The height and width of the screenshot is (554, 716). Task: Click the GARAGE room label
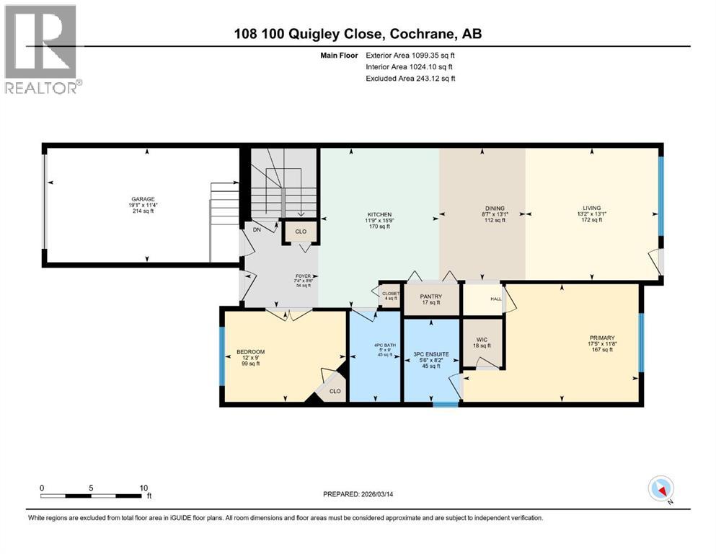click(143, 199)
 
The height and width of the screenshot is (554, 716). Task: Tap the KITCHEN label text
click(379, 214)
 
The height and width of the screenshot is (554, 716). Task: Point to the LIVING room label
click(591, 208)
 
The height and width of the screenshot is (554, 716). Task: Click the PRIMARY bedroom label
click(601, 338)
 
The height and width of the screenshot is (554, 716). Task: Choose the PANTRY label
click(430, 296)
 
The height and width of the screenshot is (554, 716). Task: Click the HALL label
click(496, 298)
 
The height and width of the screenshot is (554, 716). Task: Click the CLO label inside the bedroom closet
click(335, 391)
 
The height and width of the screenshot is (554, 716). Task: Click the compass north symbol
click(661, 489)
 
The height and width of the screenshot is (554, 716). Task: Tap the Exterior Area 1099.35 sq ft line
click(410, 55)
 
